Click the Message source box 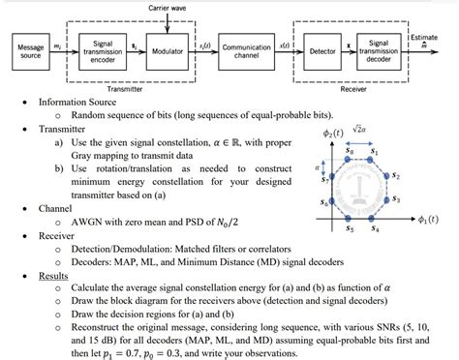pos(31,48)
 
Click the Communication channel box pos(246,48)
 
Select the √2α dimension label pos(361,129)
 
